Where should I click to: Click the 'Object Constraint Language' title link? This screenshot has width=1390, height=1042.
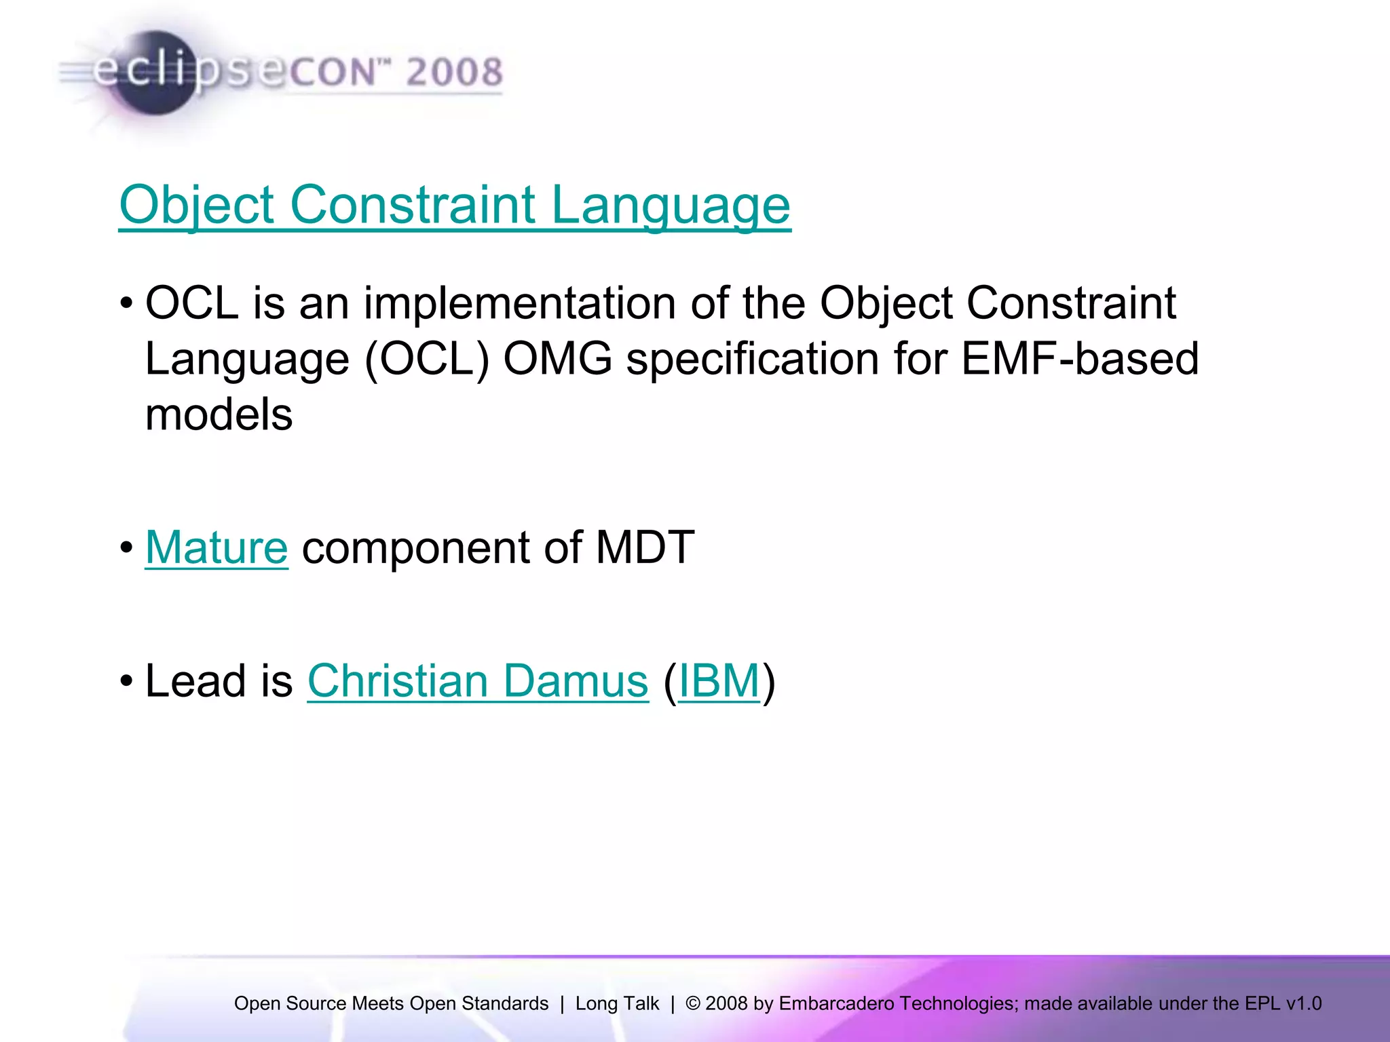455,205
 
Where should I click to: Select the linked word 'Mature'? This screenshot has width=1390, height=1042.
217,547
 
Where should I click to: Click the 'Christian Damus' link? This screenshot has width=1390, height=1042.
478,680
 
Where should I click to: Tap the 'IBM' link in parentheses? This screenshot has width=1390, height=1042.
719,680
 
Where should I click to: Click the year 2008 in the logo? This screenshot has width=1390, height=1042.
454,72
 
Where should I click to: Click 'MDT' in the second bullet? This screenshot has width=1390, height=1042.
645,547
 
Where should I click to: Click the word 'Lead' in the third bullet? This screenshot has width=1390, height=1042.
195,680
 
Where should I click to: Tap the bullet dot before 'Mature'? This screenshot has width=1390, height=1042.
126,547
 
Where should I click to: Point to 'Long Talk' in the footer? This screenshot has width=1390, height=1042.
617,1003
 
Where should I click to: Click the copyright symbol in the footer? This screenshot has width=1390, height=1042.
692,1003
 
